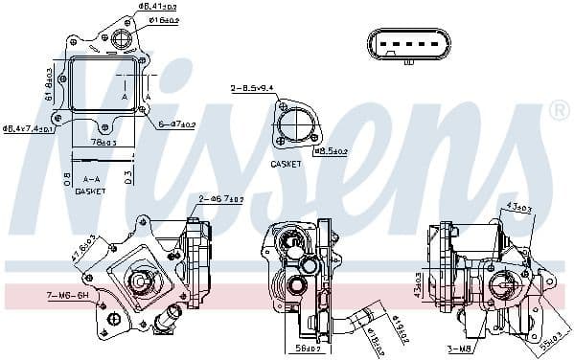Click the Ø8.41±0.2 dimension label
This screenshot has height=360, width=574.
[159, 7]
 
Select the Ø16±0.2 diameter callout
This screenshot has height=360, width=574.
[164, 18]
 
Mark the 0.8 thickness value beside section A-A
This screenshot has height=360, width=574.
[65, 178]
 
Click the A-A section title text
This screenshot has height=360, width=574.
[91, 179]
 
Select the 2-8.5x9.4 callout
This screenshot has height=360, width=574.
[251, 88]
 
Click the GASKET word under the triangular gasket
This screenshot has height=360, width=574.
[286, 164]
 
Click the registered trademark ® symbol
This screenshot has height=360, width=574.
[560, 112]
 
